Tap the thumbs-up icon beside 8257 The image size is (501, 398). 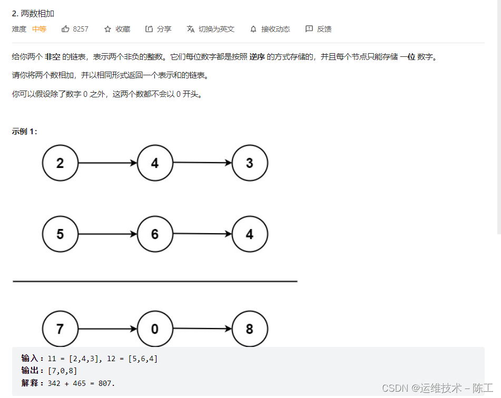coord(65,29)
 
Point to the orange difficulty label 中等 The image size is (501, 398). coord(39,29)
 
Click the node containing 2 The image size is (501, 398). coord(60,163)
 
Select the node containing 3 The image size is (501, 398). coord(250,163)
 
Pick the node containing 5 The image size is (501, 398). coord(60,234)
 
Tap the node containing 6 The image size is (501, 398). coord(155,234)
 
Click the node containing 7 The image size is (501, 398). coord(60,329)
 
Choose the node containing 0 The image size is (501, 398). coord(155,329)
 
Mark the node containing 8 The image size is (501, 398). coord(250,329)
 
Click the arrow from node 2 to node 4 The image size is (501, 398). coord(107,163)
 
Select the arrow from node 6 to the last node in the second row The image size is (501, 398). coord(202,234)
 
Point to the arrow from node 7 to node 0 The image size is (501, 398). coord(107,329)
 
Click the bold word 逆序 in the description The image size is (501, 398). coord(257,57)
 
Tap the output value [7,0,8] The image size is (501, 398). coord(62,371)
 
